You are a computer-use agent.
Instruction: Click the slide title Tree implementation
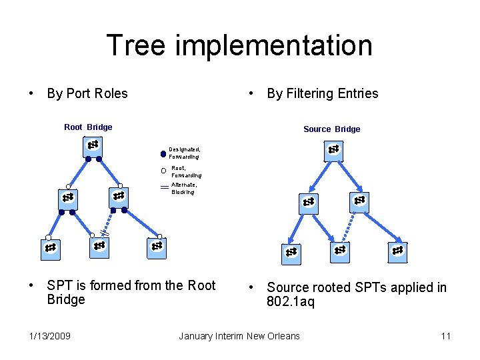pyautogui.click(x=239, y=46)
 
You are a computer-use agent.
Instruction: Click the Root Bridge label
pyautogui.click(x=88, y=127)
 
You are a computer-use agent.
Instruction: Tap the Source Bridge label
pyautogui.click(x=331, y=129)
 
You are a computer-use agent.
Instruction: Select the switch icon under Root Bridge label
pyautogui.click(x=93, y=146)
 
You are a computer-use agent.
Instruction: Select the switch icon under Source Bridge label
pyautogui.click(x=334, y=151)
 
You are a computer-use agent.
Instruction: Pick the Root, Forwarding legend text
pyautogui.click(x=186, y=172)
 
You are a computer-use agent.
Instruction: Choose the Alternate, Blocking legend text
pyautogui.click(x=183, y=188)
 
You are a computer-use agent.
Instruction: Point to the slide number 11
pyautogui.click(x=445, y=335)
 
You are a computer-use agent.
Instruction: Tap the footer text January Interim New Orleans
pyautogui.click(x=239, y=335)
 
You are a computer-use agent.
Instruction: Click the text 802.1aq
pyautogui.click(x=291, y=302)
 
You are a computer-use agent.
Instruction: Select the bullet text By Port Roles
pyautogui.click(x=87, y=93)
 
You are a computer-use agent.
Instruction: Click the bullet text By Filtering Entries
pyautogui.click(x=322, y=93)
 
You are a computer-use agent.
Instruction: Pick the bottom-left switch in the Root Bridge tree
pyautogui.click(x=50, y=248)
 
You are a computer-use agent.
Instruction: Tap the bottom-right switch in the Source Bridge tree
pyautogui.click(x=397, y=251)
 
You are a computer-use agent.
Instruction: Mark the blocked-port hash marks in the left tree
pyautogui.click(x=104, y=232)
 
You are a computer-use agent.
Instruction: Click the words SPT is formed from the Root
pyautogui.click(x=131, y=286)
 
